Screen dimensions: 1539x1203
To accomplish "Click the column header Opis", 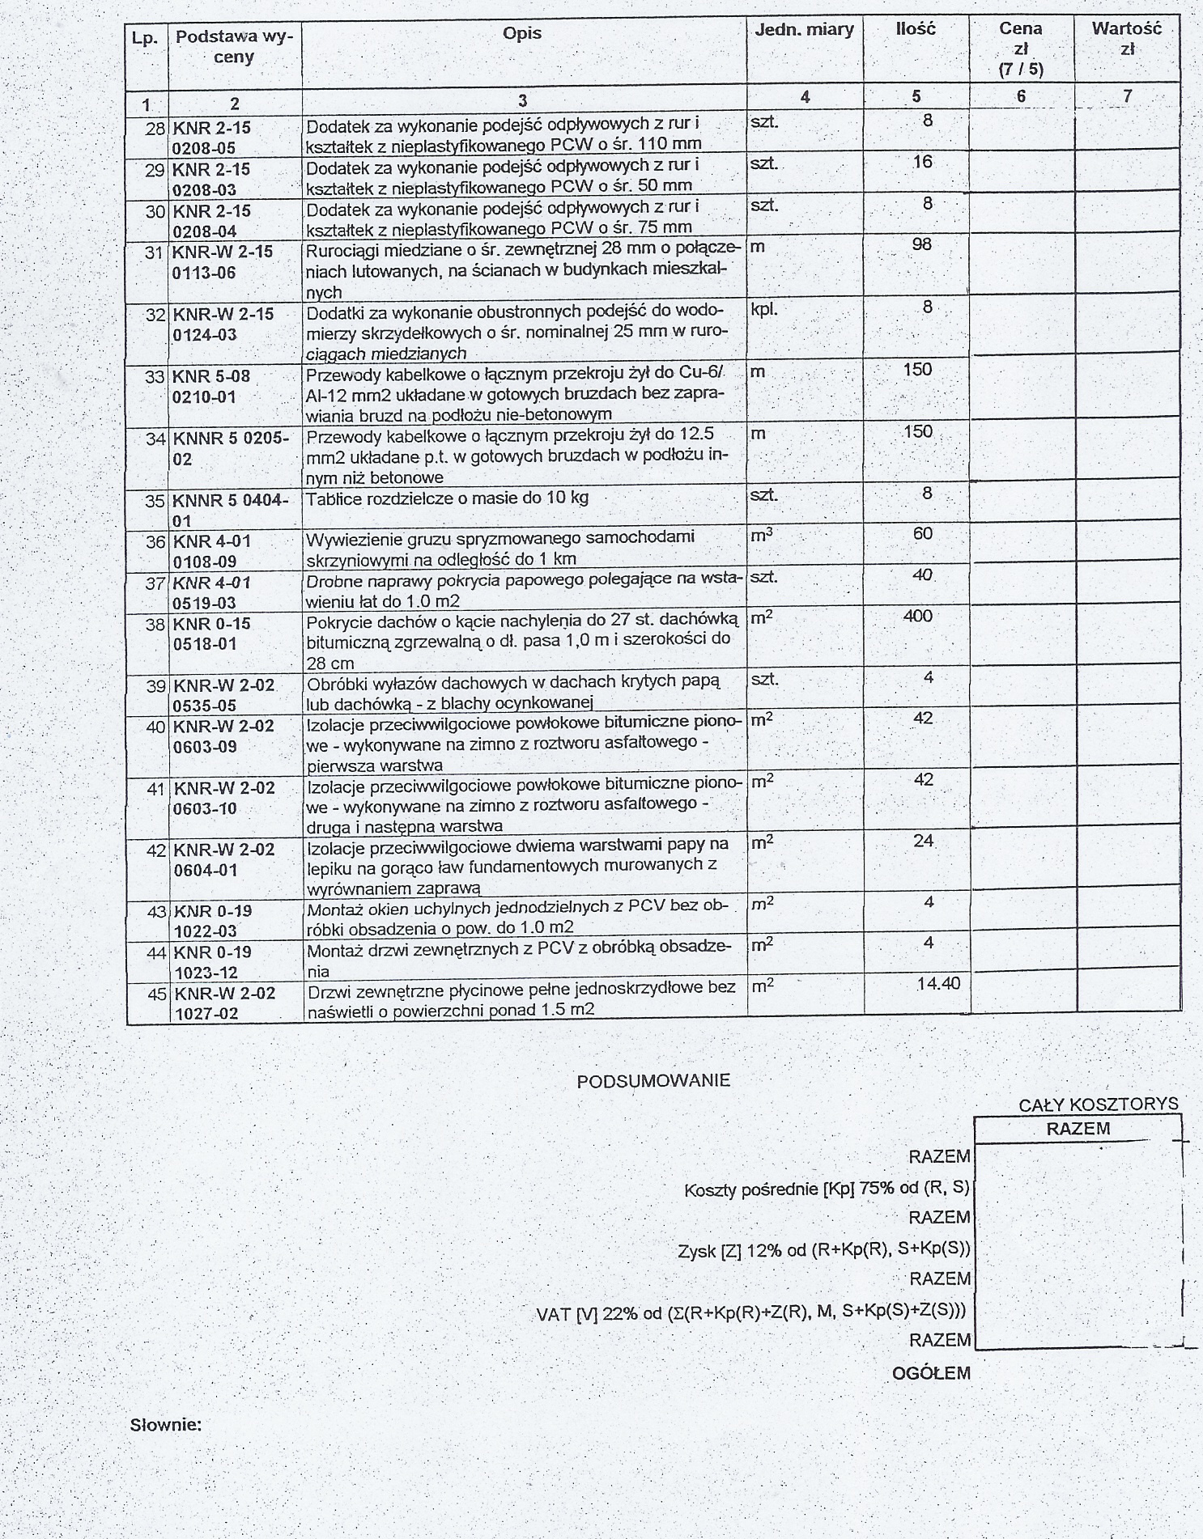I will point(522,34).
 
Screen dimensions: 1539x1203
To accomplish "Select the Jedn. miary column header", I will point(804,30).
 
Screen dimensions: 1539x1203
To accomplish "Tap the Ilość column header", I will point(916,29).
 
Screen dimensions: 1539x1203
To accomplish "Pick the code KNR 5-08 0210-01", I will point(212,387).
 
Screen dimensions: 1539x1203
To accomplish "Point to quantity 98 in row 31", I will point(921,244).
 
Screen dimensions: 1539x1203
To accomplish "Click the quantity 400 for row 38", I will point(917,617).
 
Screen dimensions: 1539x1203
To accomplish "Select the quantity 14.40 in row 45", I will point(938,984).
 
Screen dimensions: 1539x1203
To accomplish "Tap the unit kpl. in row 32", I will point(764,310).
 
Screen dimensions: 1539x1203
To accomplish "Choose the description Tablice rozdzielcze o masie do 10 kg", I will point(447,498).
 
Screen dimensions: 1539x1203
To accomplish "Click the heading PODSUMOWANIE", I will point(653,1081).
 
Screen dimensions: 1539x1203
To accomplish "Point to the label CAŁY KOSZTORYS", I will point(1098,1104).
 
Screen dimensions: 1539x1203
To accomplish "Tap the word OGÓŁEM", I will point(931,1373).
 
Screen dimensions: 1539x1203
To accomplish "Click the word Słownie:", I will point(166,1425).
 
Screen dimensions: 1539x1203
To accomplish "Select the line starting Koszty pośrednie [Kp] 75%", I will point(827,1189).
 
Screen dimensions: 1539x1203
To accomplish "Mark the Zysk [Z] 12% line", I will point(823,1250).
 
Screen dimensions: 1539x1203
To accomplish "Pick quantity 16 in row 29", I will point(922,162).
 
